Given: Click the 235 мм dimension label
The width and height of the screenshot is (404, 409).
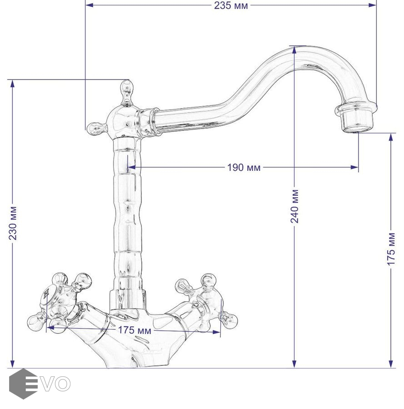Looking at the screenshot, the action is [x=231, y=5].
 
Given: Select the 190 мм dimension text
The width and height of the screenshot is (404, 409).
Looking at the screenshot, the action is [x=244, y=167].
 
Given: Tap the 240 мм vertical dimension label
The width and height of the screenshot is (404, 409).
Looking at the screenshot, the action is [x=294, y=206].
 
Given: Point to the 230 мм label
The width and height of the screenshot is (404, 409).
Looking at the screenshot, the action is [x=13, y=223].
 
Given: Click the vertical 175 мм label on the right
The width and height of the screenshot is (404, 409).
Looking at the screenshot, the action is [x=391, y=249].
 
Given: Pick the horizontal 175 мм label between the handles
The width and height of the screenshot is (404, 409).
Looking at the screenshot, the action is [x=135, y=330].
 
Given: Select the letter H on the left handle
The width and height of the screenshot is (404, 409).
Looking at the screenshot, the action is [x=46, y=294].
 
